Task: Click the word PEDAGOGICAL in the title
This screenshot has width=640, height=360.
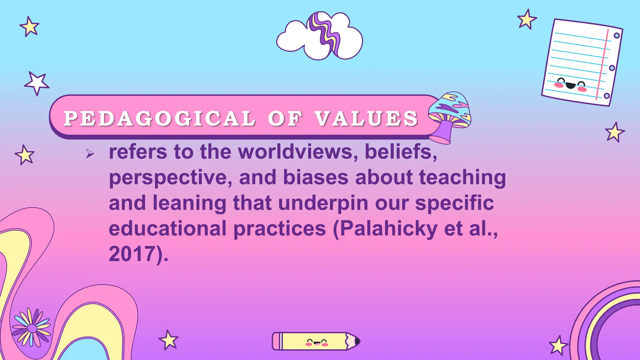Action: point(160,118)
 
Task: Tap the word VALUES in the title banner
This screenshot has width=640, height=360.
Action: point(366,118)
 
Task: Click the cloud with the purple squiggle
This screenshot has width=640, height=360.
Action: point(320,36)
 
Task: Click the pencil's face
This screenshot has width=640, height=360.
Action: point(316,342)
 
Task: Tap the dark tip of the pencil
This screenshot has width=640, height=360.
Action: point(357,341)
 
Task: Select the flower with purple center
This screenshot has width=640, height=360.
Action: point(32,328)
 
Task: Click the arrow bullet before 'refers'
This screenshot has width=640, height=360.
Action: point(90,153)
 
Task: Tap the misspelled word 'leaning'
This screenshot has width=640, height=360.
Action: point(189,203)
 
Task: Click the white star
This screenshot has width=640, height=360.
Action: point(37,83)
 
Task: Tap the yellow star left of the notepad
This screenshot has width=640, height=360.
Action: point(527,19)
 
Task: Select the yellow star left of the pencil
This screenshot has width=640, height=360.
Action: point(169,340)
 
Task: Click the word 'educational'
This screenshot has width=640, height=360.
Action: point(167,229)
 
